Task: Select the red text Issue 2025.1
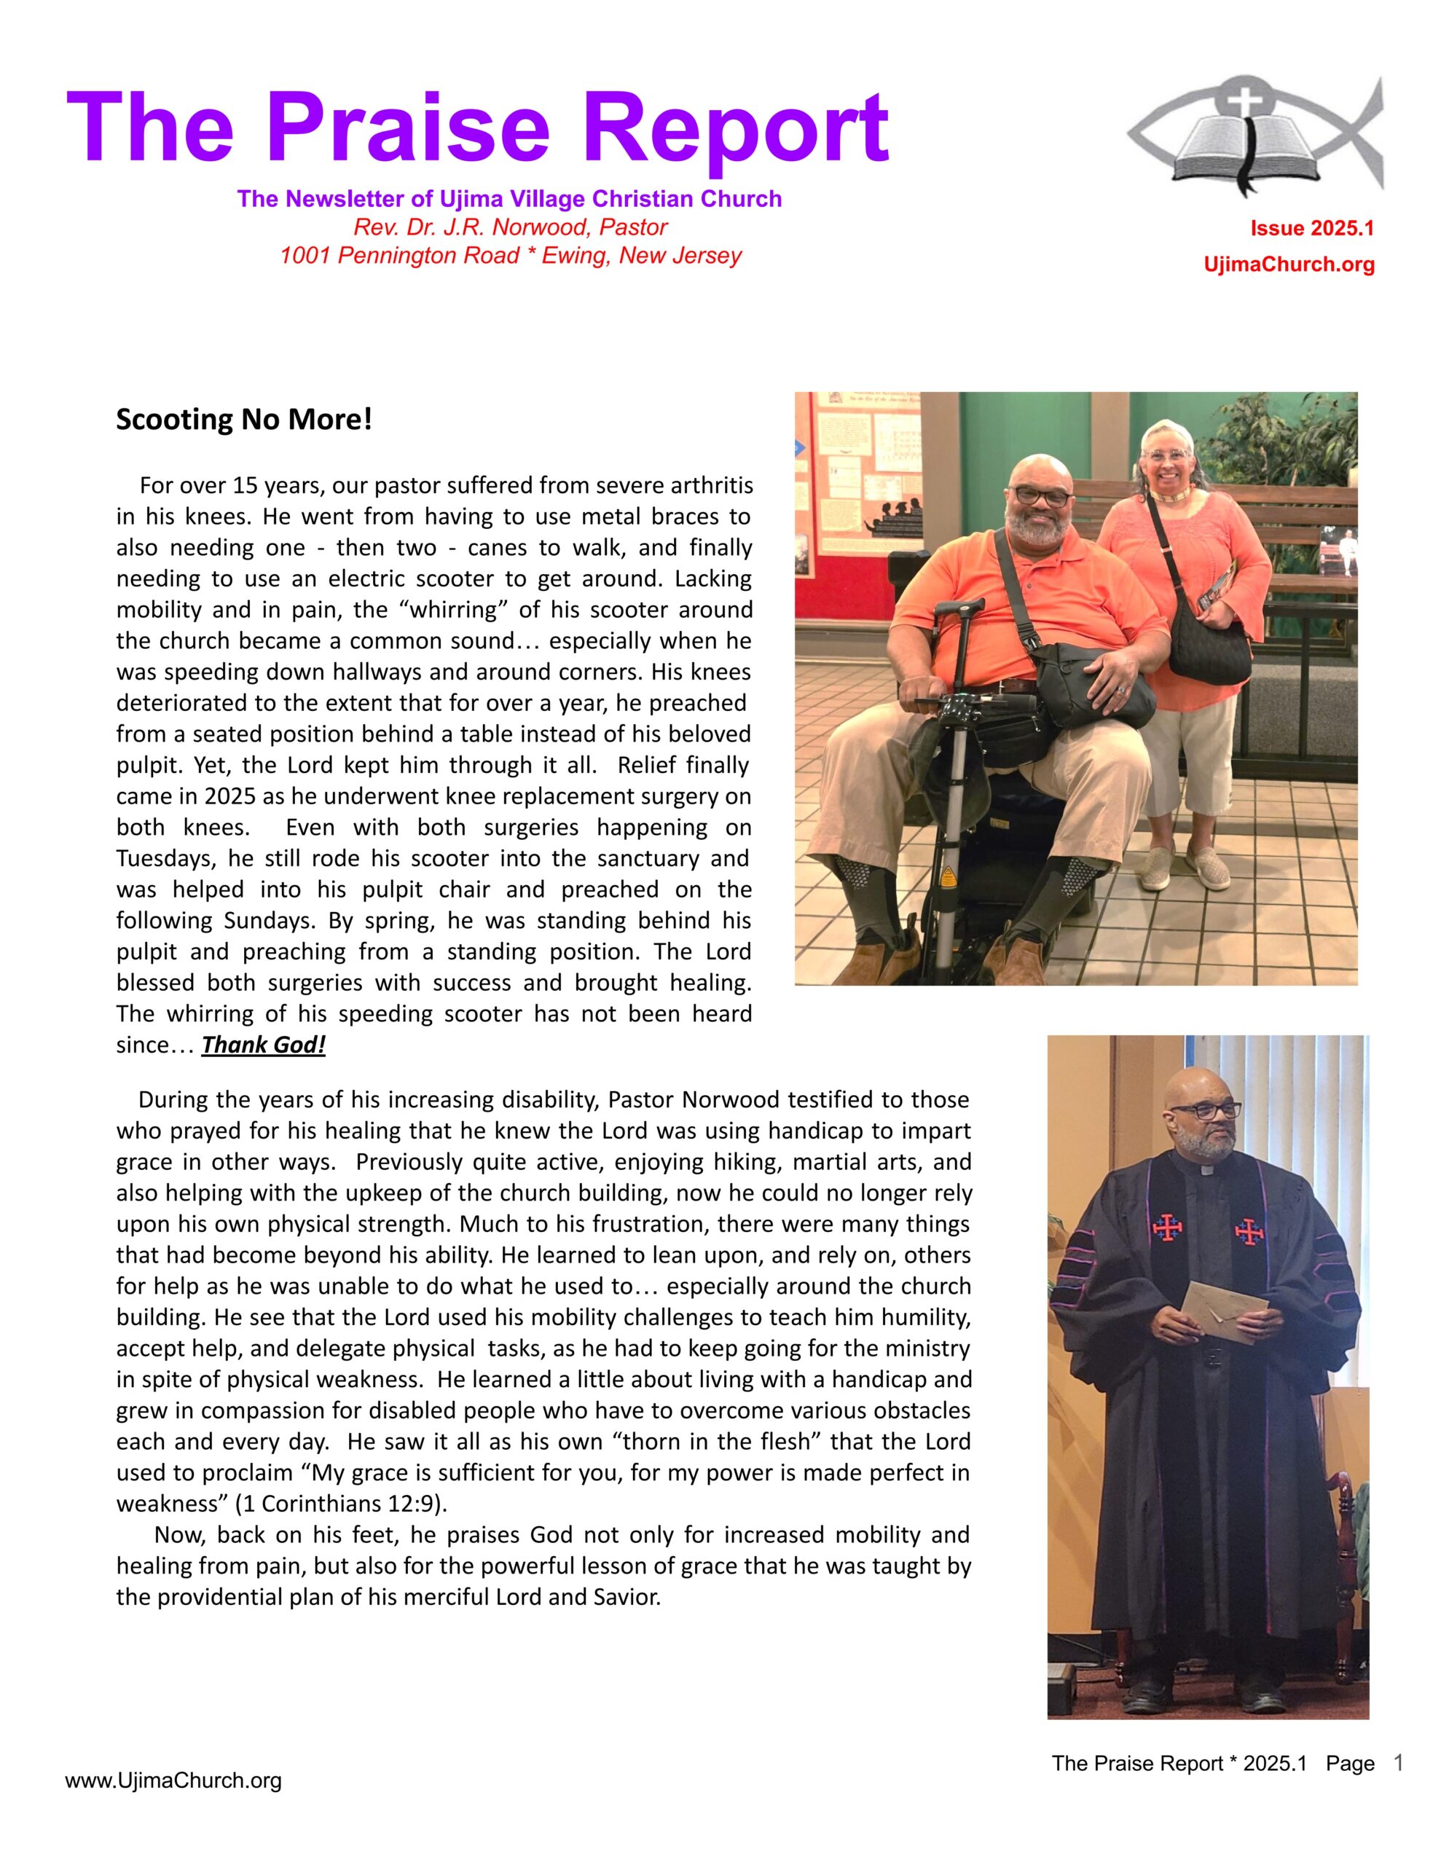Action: click(x=1311, y=228)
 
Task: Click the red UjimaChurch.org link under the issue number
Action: click(x=1288, y=264)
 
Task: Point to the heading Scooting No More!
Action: click(x=244, y=420)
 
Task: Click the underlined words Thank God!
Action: click(x=263, y=1045)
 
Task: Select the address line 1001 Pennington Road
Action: click(x=510, y=255)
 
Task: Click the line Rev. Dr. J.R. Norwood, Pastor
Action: click(x=510, y=227)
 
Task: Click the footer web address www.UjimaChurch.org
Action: click(x=173, y=1780)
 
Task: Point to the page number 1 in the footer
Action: click(x=1398, y=1762)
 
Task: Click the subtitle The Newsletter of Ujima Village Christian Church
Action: click(x=509, y=199)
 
